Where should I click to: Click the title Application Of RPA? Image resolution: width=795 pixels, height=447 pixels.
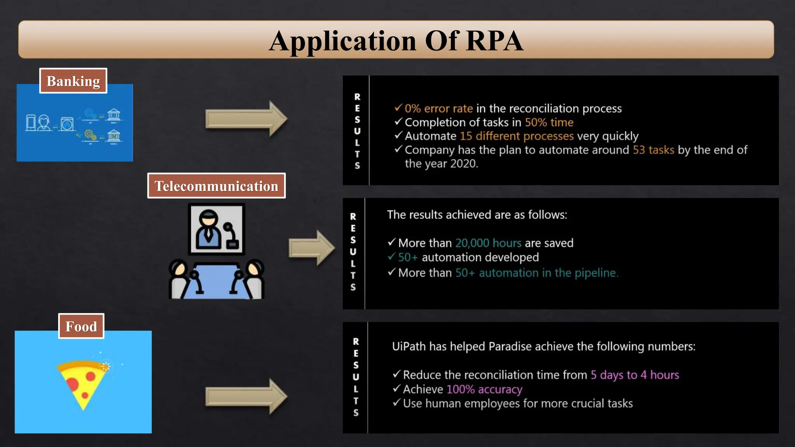(396, 41)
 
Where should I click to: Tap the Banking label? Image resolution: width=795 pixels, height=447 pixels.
(73, 81)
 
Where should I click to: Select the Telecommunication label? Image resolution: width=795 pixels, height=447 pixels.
(216, 186)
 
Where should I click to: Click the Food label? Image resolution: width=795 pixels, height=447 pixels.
(81, 326)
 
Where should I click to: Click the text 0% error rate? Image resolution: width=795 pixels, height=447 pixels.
(439, 108)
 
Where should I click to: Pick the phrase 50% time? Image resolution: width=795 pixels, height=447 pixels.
(549, 122)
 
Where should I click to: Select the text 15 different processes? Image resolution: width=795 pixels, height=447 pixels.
(516, 136)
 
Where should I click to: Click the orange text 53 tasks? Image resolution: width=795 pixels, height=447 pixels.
(653, 150)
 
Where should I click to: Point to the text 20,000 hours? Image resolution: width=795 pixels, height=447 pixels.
(488, 243)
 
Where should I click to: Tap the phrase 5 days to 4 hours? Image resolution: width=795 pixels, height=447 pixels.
(635, 375)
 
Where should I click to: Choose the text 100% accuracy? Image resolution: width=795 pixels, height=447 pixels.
(484, 389)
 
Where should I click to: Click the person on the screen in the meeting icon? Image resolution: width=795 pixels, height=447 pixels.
(208, 229)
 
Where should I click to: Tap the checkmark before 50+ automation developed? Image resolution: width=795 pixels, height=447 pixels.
(391, 257)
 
